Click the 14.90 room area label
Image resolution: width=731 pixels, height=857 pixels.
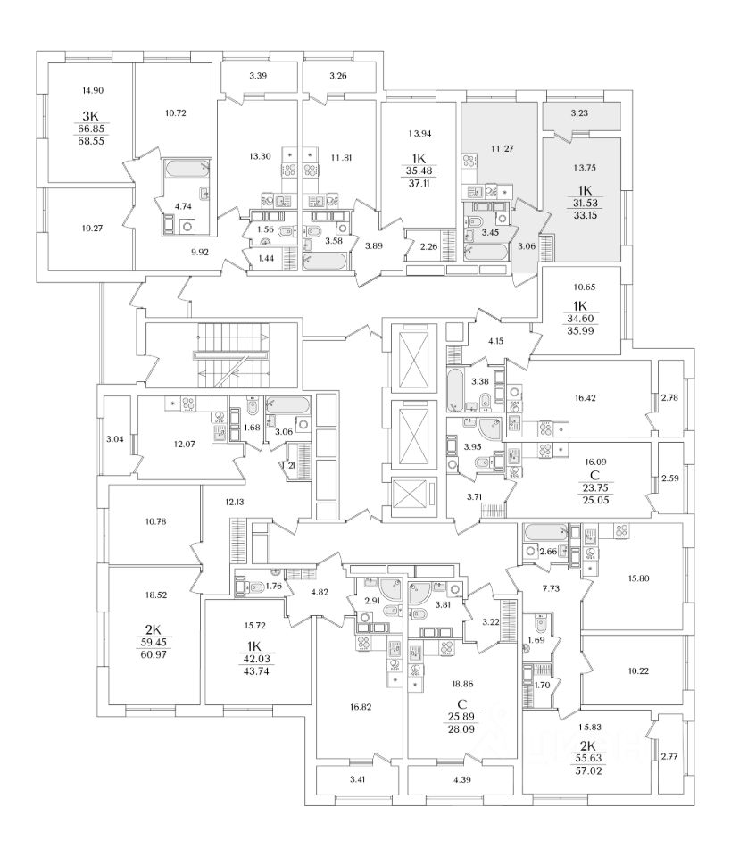(92, 91)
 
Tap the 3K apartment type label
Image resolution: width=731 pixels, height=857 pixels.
(91, 116)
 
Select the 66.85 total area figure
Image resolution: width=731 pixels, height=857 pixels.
(92, 129)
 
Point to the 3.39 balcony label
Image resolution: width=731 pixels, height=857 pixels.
(258, 76)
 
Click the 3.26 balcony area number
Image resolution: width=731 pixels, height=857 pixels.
(338, 76)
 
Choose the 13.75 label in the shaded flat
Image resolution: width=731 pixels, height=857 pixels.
(585, 169)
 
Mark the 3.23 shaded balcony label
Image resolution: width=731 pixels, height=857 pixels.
(579, 113)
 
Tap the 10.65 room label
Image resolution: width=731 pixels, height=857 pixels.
(584, 287)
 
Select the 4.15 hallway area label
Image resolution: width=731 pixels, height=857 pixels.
(495, 341)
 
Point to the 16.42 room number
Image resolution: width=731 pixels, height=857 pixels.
(585, 398)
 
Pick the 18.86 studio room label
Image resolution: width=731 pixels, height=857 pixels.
(462, 684)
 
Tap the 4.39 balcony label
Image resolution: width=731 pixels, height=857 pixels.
(461, 779)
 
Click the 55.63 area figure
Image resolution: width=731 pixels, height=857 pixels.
(588, 759)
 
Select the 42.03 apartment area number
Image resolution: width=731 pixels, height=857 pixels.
(256, 660)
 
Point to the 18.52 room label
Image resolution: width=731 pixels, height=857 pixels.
(155, 595)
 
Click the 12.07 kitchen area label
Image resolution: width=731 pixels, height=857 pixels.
(184, 445)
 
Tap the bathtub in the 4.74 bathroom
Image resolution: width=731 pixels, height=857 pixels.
(187, 168)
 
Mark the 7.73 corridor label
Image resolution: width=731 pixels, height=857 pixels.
(552, 588)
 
